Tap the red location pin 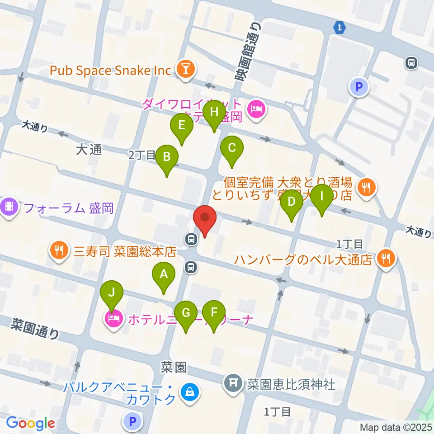point(205,219)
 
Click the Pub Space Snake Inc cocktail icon point(185,70)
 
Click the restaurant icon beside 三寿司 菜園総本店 point(59,250)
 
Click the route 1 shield point(340,28)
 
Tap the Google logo point(30,423)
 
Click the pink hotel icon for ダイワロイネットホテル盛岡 point(256,109)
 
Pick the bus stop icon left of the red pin point(191,238)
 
